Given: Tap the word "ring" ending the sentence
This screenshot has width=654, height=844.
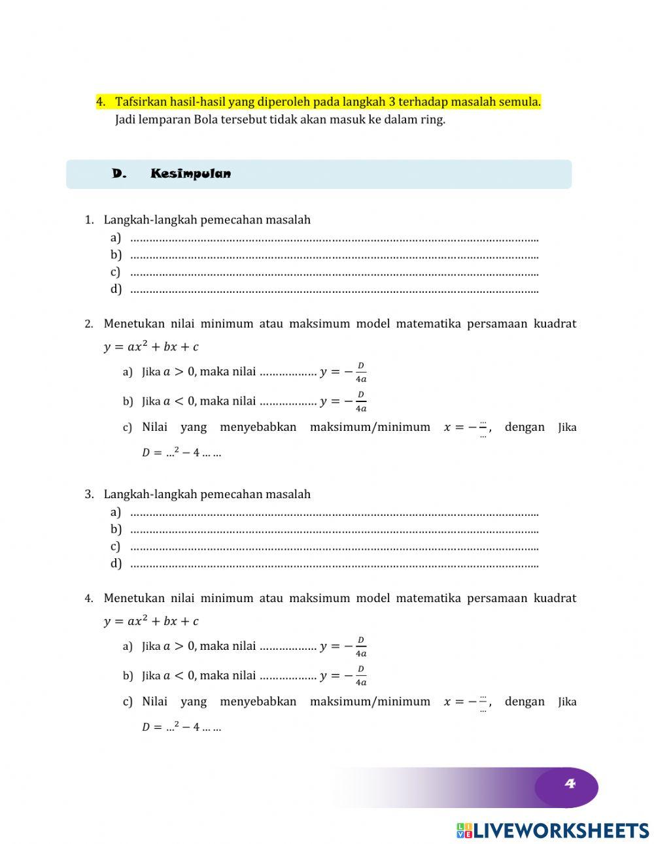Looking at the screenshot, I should tap(433, 120).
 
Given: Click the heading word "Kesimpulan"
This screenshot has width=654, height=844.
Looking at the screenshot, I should tap(190, 174).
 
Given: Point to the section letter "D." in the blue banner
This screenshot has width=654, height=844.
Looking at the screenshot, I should tap(118, 174).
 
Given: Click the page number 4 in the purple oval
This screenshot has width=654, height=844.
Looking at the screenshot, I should tap(569, 784).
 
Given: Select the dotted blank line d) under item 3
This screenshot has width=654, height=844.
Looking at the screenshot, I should tap(334, 564).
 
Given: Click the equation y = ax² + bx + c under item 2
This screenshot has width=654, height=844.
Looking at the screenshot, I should tap(151, 346).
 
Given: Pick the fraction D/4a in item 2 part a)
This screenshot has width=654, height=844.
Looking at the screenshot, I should tap(360, 372).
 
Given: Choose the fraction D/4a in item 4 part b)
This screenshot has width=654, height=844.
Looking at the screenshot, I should tap(360, 676).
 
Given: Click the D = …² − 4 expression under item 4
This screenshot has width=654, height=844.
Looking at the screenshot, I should tap(181, 726).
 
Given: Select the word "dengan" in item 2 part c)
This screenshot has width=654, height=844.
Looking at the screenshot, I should tap(525, 428).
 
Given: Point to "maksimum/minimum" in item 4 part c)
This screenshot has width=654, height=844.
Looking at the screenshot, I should tap(370, 701).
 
